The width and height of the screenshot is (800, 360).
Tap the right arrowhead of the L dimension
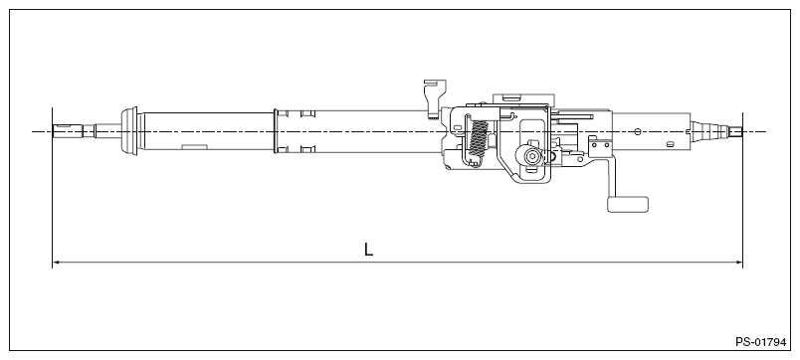[739, 263]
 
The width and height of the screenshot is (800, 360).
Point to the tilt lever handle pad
[627, 204]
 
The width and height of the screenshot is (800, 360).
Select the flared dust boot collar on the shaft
[127, 131]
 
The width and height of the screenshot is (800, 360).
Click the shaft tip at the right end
[736, 131]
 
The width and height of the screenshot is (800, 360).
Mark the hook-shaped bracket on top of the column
[431, 97]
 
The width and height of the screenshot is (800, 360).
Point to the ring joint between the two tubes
[277, 131]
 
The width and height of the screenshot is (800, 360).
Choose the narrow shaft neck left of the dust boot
[104, 131]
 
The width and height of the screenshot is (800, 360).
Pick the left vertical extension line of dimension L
[52, 199]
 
